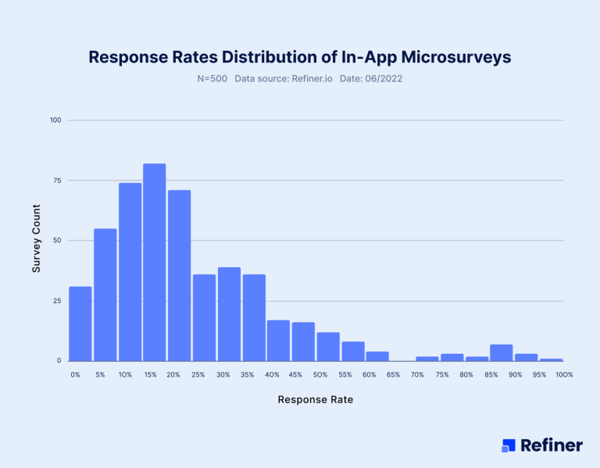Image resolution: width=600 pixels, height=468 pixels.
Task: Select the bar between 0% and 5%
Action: pos(80,323)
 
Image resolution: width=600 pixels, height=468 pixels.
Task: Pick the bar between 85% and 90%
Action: pos(501,352)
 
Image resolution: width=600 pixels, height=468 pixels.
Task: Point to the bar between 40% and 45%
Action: pos(278,341)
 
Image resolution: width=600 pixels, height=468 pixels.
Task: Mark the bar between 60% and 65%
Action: pos(377,356)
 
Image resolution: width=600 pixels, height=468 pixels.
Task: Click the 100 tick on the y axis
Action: pos(55,120)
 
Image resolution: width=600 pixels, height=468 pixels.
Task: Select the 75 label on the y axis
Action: pos(57,180)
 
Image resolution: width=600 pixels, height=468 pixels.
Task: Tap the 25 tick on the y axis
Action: pos(57,301)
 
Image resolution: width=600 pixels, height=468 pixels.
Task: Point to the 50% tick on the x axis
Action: pos(320,375)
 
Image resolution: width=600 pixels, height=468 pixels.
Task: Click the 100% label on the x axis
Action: pos(564,375)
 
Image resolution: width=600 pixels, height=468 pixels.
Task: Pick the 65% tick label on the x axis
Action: pos(394,375)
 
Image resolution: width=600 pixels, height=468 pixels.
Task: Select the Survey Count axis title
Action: pos(36,241)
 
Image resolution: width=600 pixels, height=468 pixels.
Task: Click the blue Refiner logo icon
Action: pos(509,445)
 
